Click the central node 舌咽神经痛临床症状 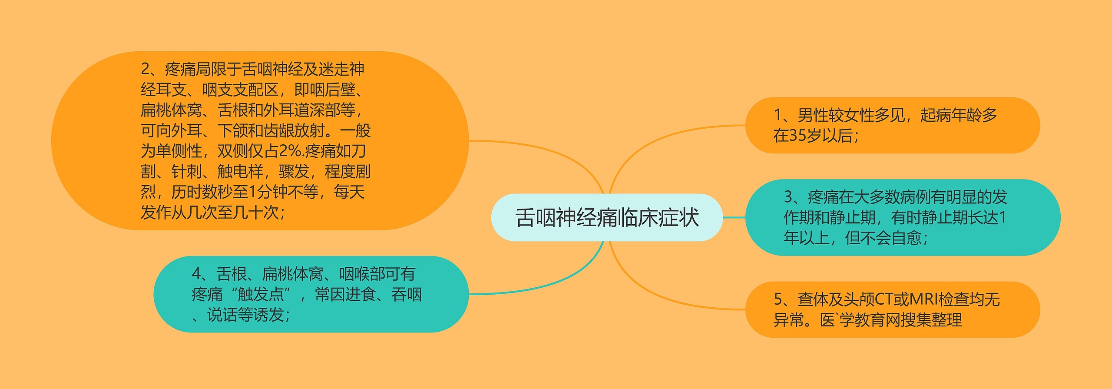[x=607, y=217]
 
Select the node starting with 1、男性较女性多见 [x=893, y=125]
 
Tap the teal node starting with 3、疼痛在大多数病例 [x=903, y=217]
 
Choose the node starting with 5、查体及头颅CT [x=893, y=309]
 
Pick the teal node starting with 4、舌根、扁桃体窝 [x=311, y=294]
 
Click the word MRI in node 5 [x=923, y=299]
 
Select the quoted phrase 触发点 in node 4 [x=261, y=294]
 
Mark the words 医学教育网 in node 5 [x=860, y=320]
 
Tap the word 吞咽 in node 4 [x=407, y=294]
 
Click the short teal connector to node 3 [x=734, y=217]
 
